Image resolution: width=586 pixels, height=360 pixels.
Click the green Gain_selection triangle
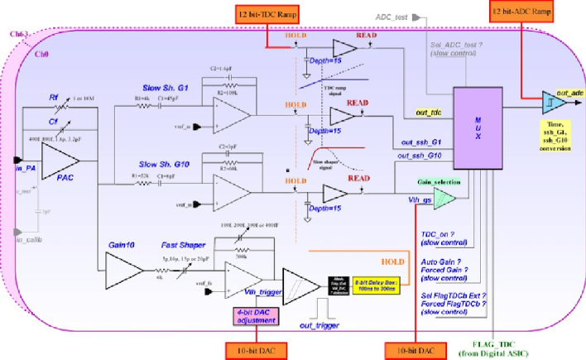pyautogui.click(x=443, y=196)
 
